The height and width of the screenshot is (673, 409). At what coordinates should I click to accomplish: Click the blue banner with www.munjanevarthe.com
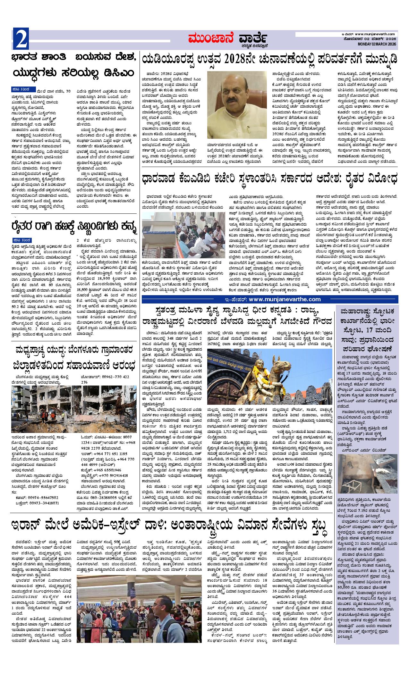pyautogui.click(x=270, y=299)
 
